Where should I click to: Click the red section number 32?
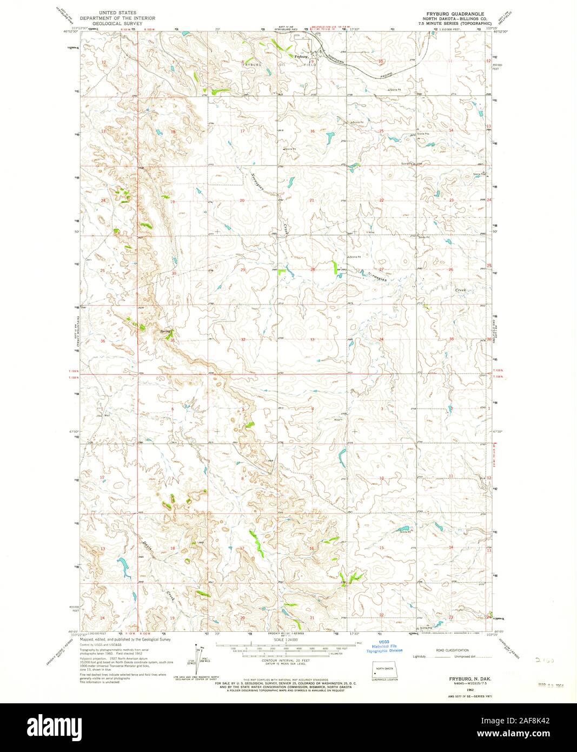(x=243, y=340)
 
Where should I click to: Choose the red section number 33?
(x=312, y=340)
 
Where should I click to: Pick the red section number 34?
(x=381, y=339)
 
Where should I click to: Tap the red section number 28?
(x=312, y=269)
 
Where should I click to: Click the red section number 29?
(x=243, y=269)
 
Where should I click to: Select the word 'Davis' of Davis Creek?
(x=148, y=546)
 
